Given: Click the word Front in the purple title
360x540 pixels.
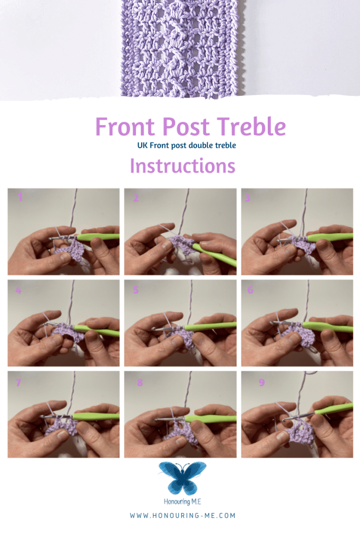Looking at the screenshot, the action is coord(125,127).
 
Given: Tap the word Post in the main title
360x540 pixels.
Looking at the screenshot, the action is coord(186,127).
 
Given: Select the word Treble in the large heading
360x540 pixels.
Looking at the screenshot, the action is coord(251,126).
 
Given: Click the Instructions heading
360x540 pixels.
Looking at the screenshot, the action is coord(182,166).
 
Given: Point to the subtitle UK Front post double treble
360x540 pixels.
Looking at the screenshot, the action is coord(187,146).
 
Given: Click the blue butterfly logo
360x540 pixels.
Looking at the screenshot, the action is coord(182,478).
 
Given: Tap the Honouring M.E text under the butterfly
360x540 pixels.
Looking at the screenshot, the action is coord(182,502).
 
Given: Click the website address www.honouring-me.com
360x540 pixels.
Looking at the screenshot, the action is coord(182,516).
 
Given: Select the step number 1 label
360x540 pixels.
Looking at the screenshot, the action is coord(21,197).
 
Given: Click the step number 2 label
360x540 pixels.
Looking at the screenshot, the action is coord(136,198).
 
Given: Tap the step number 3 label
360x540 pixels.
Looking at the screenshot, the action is coord(247,198).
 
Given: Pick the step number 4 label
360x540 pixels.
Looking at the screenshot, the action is coord(18,290).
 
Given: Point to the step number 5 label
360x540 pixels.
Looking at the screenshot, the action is coord(136,290).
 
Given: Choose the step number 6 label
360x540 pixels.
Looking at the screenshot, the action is coord(250,290).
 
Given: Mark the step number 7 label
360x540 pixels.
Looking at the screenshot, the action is coord(18,382).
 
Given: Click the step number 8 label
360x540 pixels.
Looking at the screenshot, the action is coord(140,382).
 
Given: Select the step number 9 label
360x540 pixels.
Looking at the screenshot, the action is coord(262,382).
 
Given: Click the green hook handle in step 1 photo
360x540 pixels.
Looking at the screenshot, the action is coord(98,237).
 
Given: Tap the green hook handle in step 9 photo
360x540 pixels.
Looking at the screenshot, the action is coord(334,409).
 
